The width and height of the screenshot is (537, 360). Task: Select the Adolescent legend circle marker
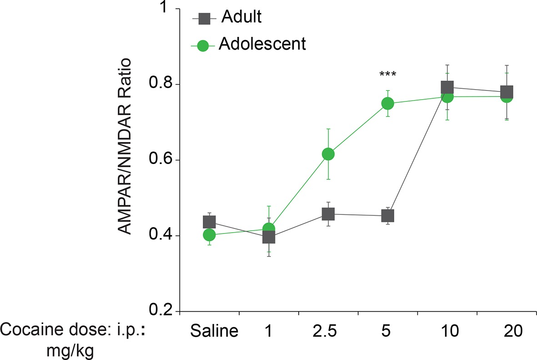(203, 46)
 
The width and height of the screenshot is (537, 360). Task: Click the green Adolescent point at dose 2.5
(328, 154)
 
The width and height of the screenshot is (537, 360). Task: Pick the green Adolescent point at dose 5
(387, 104)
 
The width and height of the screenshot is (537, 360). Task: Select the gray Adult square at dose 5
(387, 215)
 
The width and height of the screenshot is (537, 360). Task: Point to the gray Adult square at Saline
(209, 222)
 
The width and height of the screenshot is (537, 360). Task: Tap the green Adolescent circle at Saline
(209, 235)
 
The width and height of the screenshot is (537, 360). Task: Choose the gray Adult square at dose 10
(447, 87)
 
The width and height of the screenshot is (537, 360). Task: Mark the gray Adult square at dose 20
(507, 91)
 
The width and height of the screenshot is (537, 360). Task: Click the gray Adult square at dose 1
(269, 237)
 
